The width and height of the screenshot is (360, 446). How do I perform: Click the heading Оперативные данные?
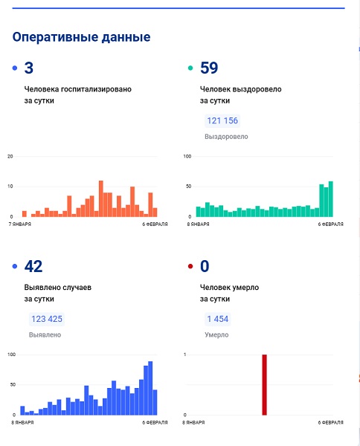pyautogui.click(x=81, y=37)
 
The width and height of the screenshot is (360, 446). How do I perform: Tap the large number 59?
pyautogui.click(x=209, y=68)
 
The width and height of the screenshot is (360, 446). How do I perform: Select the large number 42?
pyautogui.click(x=33, y=266)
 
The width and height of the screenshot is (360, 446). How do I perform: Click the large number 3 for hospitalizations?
pyautogui.click(x=29, y=68)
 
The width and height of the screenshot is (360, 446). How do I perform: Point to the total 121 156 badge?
pyautogui.click(x=222, y=121)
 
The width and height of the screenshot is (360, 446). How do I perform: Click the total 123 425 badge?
pyautogui.click(x=47, y=319)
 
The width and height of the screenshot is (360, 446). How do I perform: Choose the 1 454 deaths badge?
pyautogui.click(x=218, y=319)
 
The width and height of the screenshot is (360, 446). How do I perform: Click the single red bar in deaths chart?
pyautogui.click(x=264, y=385)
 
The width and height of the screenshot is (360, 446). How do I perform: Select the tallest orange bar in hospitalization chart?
pyautogui.click(x=101, y=198)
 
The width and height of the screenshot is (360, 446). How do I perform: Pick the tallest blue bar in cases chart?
pyautogui.click(x=150, y=388)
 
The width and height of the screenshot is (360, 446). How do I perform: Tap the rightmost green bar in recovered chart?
pyautogui.click(x=331, y=198)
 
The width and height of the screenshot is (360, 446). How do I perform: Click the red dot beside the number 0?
pyautogui.click(x=190, y=266)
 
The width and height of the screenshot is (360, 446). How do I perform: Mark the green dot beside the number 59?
pyautogui.click(x=190, y=68)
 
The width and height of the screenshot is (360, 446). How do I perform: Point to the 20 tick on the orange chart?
pyautogui.click(x=10, y=156)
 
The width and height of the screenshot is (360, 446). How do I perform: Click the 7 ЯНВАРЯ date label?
pyautogui.click(x=19, y=224)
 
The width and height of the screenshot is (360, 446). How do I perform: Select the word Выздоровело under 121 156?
pyautogui.click(x=226, y=137)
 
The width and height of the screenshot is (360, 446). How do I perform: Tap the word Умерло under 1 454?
pyautogui.click(x=216, y=334)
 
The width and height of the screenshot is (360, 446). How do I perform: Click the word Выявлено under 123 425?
pyautogui.click(x=45, y=334)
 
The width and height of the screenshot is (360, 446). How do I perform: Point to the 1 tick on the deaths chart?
pyautogui.click(x=185, y=355)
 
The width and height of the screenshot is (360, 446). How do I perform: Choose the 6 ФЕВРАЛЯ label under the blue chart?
pyautogui.click(x=155, y=422)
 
